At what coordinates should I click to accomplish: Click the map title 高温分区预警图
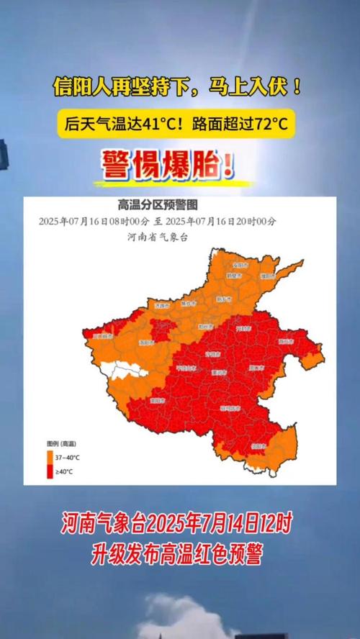[157, 205]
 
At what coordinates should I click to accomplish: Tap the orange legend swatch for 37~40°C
[50, 457]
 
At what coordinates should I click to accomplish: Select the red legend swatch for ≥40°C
[50, 471]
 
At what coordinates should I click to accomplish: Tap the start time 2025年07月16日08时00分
[94, 221]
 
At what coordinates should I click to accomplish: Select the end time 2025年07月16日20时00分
[225, 221]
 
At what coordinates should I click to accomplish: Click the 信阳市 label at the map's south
[256, 447]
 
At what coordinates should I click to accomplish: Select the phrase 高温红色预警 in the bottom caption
[217, 553]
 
